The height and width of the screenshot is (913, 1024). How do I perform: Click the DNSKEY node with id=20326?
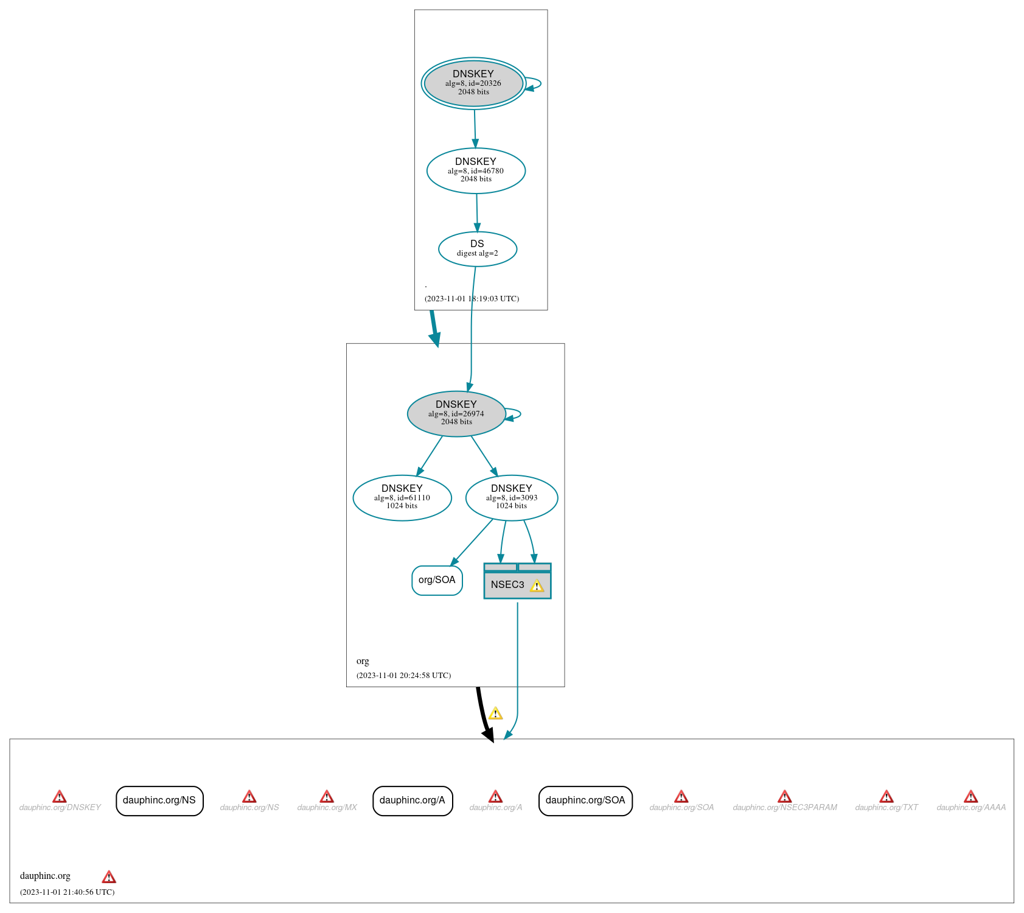tap(473, 83)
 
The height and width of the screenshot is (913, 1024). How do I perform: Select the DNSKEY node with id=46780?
tap(476, 171)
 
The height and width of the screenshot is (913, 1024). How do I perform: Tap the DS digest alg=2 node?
tap(478, 249)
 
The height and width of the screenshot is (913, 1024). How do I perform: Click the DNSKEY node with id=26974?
tap(456, 414)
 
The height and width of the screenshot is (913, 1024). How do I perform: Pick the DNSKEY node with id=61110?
tap(402, 498)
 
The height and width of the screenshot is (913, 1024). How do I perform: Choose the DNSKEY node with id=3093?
tap(512, 498)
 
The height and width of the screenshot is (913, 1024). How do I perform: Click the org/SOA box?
tap(437, 580)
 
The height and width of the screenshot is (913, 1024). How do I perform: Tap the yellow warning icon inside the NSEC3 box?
tap(537, 586)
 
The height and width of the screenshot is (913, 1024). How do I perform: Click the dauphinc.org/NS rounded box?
tap(159, 800)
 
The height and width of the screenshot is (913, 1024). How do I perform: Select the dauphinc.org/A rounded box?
tap(413, 800)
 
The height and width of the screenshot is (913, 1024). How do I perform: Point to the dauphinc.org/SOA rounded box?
tap(585, 800)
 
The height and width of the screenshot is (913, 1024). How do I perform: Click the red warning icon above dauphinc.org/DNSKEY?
tap(60, 796)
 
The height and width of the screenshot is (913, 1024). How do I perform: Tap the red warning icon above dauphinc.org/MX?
tap(327, 796)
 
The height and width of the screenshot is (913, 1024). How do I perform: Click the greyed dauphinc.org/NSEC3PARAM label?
tap(785, 808)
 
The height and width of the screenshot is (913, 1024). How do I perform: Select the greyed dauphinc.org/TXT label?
tap(886, 808)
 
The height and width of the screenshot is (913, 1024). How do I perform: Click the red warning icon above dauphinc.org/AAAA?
tap(971, 796)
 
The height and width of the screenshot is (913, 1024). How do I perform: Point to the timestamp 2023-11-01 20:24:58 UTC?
tap(404, 676)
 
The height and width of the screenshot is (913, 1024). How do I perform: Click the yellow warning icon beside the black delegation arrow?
tap(496, 713)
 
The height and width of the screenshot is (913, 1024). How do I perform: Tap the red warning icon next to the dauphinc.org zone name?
tap(109, 877)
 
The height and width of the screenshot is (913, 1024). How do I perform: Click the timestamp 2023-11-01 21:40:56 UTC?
tap(68, 892)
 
